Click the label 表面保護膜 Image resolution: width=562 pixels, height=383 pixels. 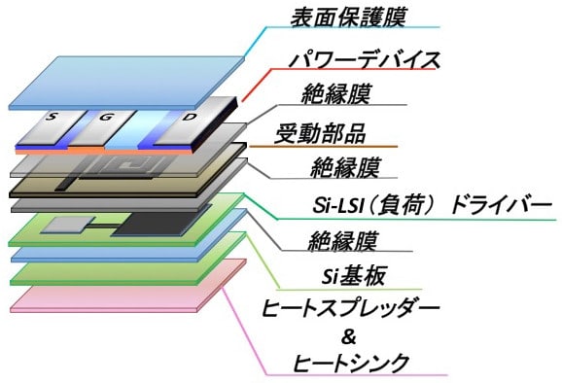click(x=347, y=17)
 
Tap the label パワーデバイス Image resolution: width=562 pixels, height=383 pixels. click(x=365, y=59)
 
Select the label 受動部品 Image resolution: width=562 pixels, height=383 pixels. click(x=320, y=133)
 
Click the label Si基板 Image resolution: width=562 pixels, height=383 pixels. click(x=353, y=276)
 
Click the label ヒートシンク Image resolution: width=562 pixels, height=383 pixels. click(x=351, y=363)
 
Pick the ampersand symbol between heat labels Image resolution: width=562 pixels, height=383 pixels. click(x=349, y=336)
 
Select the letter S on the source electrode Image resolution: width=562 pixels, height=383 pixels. click(x=52, y=116)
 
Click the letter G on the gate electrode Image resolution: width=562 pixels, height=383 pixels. click(x=105, y=117)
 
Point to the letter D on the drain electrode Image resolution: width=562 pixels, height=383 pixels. click(x=189, y=117)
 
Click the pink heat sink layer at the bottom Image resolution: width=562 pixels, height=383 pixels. click(x=128, y=286)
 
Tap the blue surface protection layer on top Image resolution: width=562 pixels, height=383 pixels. click(x=126, y=83)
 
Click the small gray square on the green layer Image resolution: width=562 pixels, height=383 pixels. click(x=68, y=225)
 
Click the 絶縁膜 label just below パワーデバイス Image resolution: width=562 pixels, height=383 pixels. click(x=335, y=94)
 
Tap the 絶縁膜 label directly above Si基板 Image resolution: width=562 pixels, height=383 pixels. click(x=342, y=241)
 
